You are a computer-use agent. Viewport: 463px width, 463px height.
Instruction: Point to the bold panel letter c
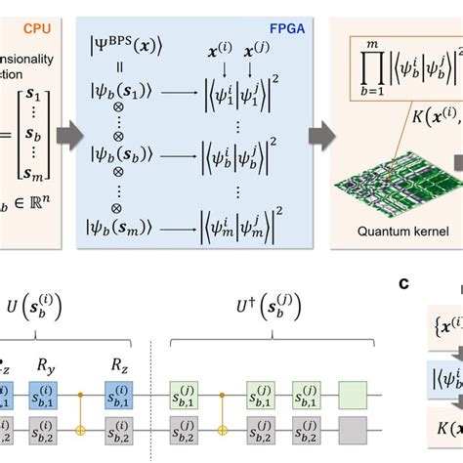tap(403, 283)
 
